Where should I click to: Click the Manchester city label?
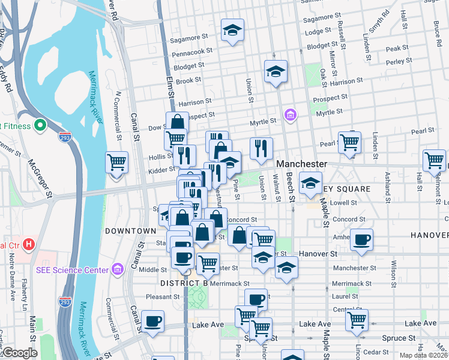tap(301, 164)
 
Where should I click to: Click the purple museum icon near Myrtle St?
tap(291, 114)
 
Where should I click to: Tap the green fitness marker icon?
tap(40, 125)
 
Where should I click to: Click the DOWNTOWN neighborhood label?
tap(130, 231)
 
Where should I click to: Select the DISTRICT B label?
tap(184, 283)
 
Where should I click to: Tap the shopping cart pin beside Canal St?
tap(117, 162)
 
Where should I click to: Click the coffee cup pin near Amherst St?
tap(362, 239)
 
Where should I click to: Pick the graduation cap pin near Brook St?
tap(276, 72)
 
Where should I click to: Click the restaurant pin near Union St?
tap(261, 148)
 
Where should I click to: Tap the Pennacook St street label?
tap(192, 52)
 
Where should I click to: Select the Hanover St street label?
tap(318, 254)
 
